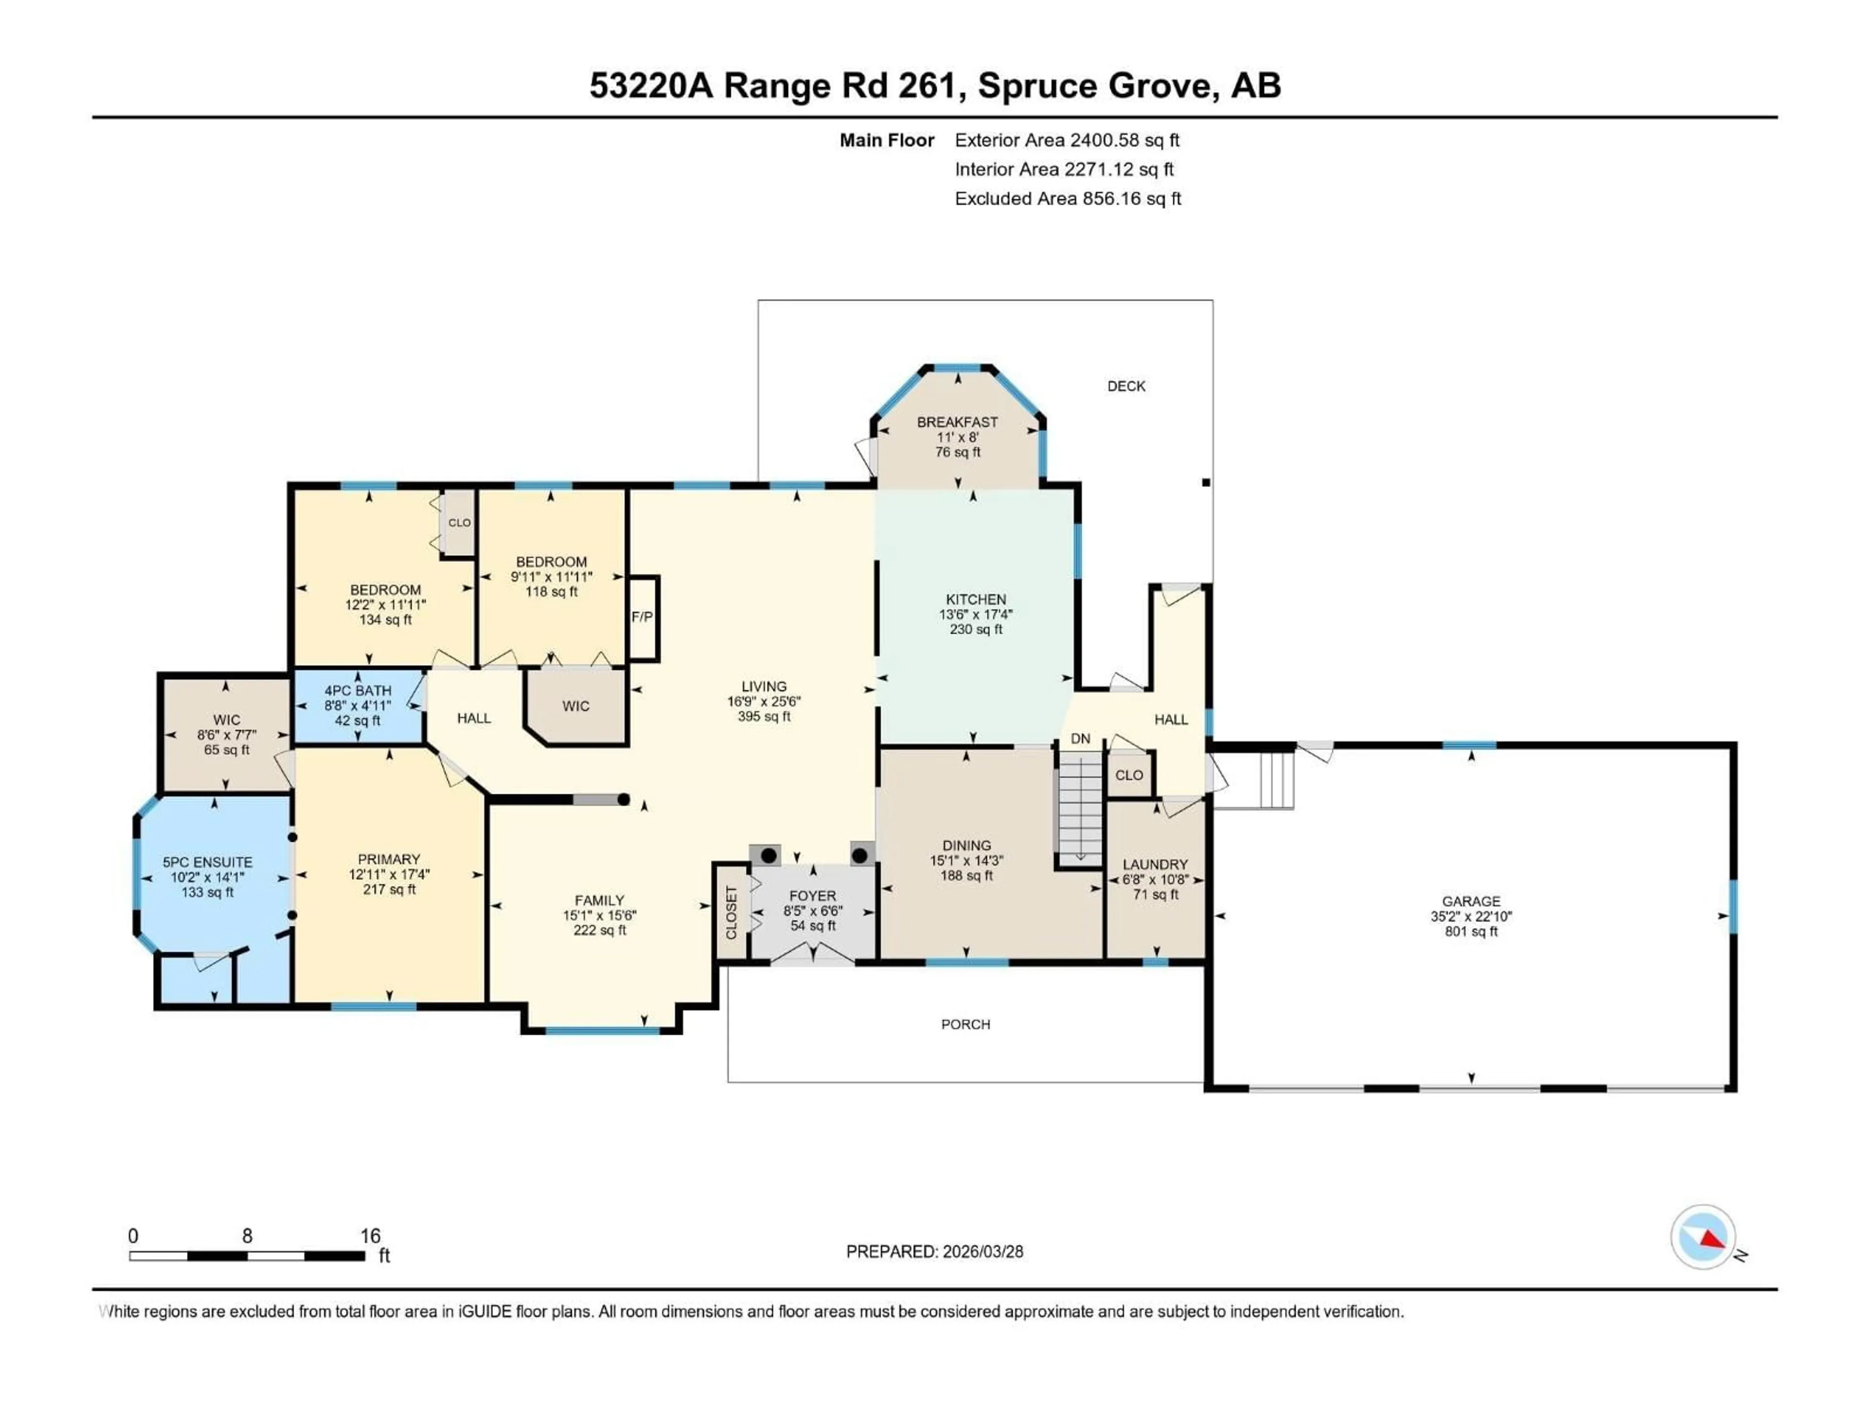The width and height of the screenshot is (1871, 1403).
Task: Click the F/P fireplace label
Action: [x=642, y=617]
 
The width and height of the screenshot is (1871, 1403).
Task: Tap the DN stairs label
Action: [x=1080, y=739]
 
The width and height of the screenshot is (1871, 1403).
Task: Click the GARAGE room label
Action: [x=1471, y=902]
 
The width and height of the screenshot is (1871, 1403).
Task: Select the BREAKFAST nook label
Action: [x=957, y=422]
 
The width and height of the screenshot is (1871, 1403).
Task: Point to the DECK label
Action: [x=1126, y=386]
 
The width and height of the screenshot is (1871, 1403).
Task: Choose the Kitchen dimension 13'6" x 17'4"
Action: [x=975, y=615]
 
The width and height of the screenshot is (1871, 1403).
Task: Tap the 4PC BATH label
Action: [x=358, y=691]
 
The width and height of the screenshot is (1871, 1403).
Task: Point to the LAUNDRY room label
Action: [x=1155, y=864]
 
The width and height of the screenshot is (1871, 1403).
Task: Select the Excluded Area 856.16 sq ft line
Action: [x=1068, y=199]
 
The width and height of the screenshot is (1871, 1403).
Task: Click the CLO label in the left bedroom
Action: [x=459, y=523]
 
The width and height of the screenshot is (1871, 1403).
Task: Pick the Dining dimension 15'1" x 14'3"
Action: [x=966, y=861]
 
